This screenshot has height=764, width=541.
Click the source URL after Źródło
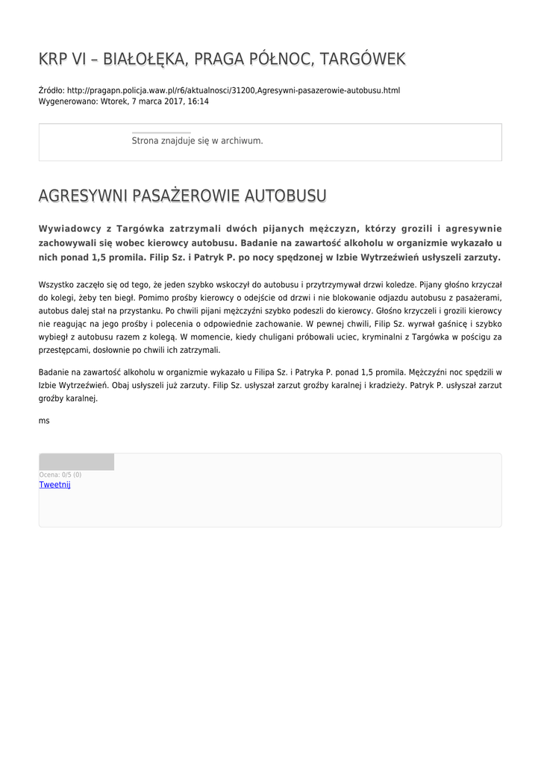(233, 90)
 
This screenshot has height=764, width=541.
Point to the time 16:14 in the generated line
(198, 101)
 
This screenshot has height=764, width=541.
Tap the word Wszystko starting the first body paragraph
(54, 284)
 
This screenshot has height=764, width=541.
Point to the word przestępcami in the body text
(65, 350)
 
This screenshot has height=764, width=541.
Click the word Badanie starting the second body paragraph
(54, 372)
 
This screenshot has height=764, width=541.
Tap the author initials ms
(44, 421)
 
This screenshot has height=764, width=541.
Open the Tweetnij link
(54, 485)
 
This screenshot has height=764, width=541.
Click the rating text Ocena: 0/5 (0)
(60, 475)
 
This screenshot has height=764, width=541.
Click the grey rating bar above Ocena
(76, 462)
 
